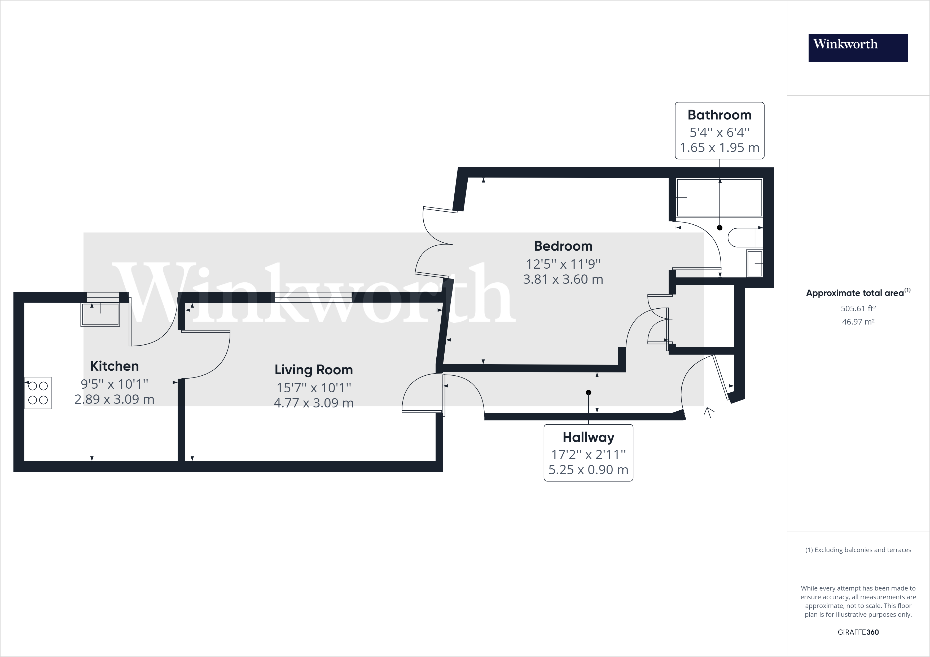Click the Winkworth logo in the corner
pos(858,48)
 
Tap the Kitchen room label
pos(114,366)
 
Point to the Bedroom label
pos(563,246)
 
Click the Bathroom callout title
pos(720,115)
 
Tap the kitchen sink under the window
pos(100,314)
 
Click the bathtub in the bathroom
pos(720,198)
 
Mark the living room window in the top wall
pos(313,298)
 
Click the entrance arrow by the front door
pos(708,412)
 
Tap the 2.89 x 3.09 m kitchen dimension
pos(114,399)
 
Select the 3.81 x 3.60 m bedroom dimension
pos(563,279)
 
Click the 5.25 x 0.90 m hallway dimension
pos(588,470)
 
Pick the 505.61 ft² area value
pos(858,308)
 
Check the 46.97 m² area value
pos(858,322)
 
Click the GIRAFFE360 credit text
pos(858,632)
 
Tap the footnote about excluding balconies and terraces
pos(858,550)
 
